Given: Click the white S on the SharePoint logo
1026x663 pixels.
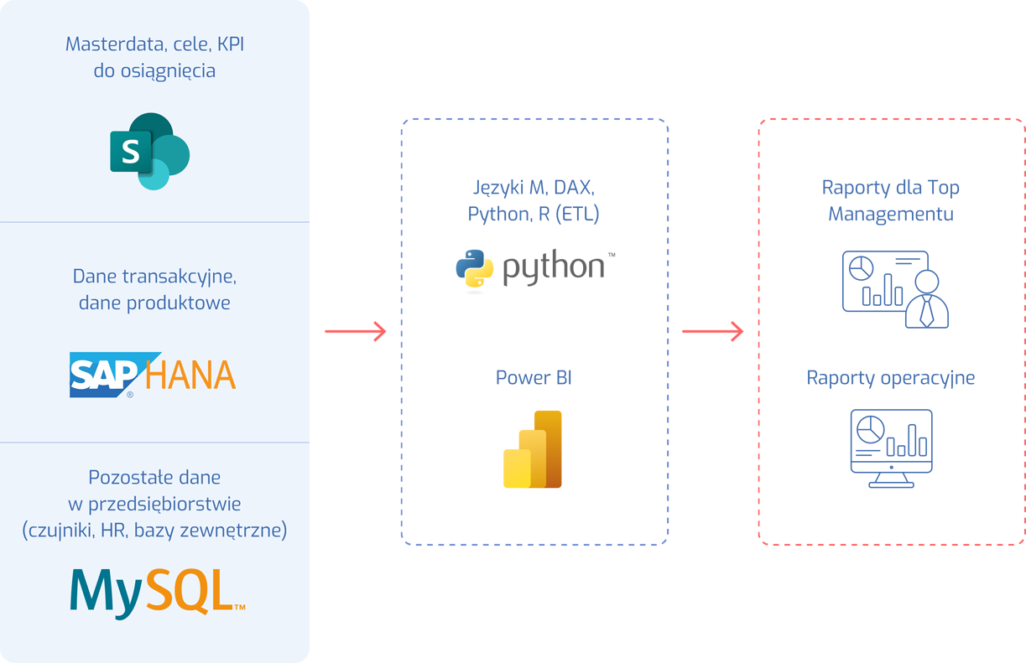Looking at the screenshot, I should click(x=131, y=152).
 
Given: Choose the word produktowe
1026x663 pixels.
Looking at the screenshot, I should click(x=178, y=303).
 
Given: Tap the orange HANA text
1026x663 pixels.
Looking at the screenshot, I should click(x=190, y=375).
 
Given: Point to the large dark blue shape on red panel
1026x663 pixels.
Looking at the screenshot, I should click(x=890, y=331).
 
